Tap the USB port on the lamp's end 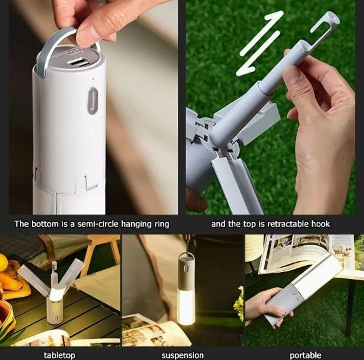(79, 62)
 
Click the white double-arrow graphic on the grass (260, 43)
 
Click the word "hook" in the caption (320, 224)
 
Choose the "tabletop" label (59, 356)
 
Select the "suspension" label (182, 356)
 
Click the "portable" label (305, 356)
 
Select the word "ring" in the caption (161, 225)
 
